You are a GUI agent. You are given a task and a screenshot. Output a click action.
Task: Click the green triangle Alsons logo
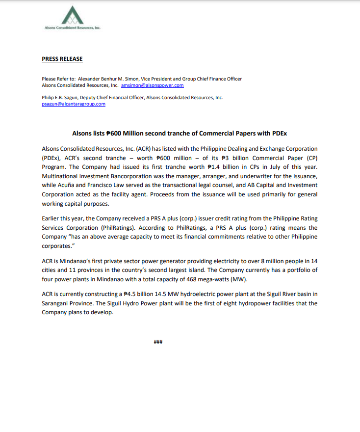click(73, 15)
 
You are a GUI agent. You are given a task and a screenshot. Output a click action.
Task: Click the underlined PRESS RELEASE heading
click(62, 59)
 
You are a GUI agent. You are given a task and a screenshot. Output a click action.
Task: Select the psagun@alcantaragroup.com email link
click(74, 104)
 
